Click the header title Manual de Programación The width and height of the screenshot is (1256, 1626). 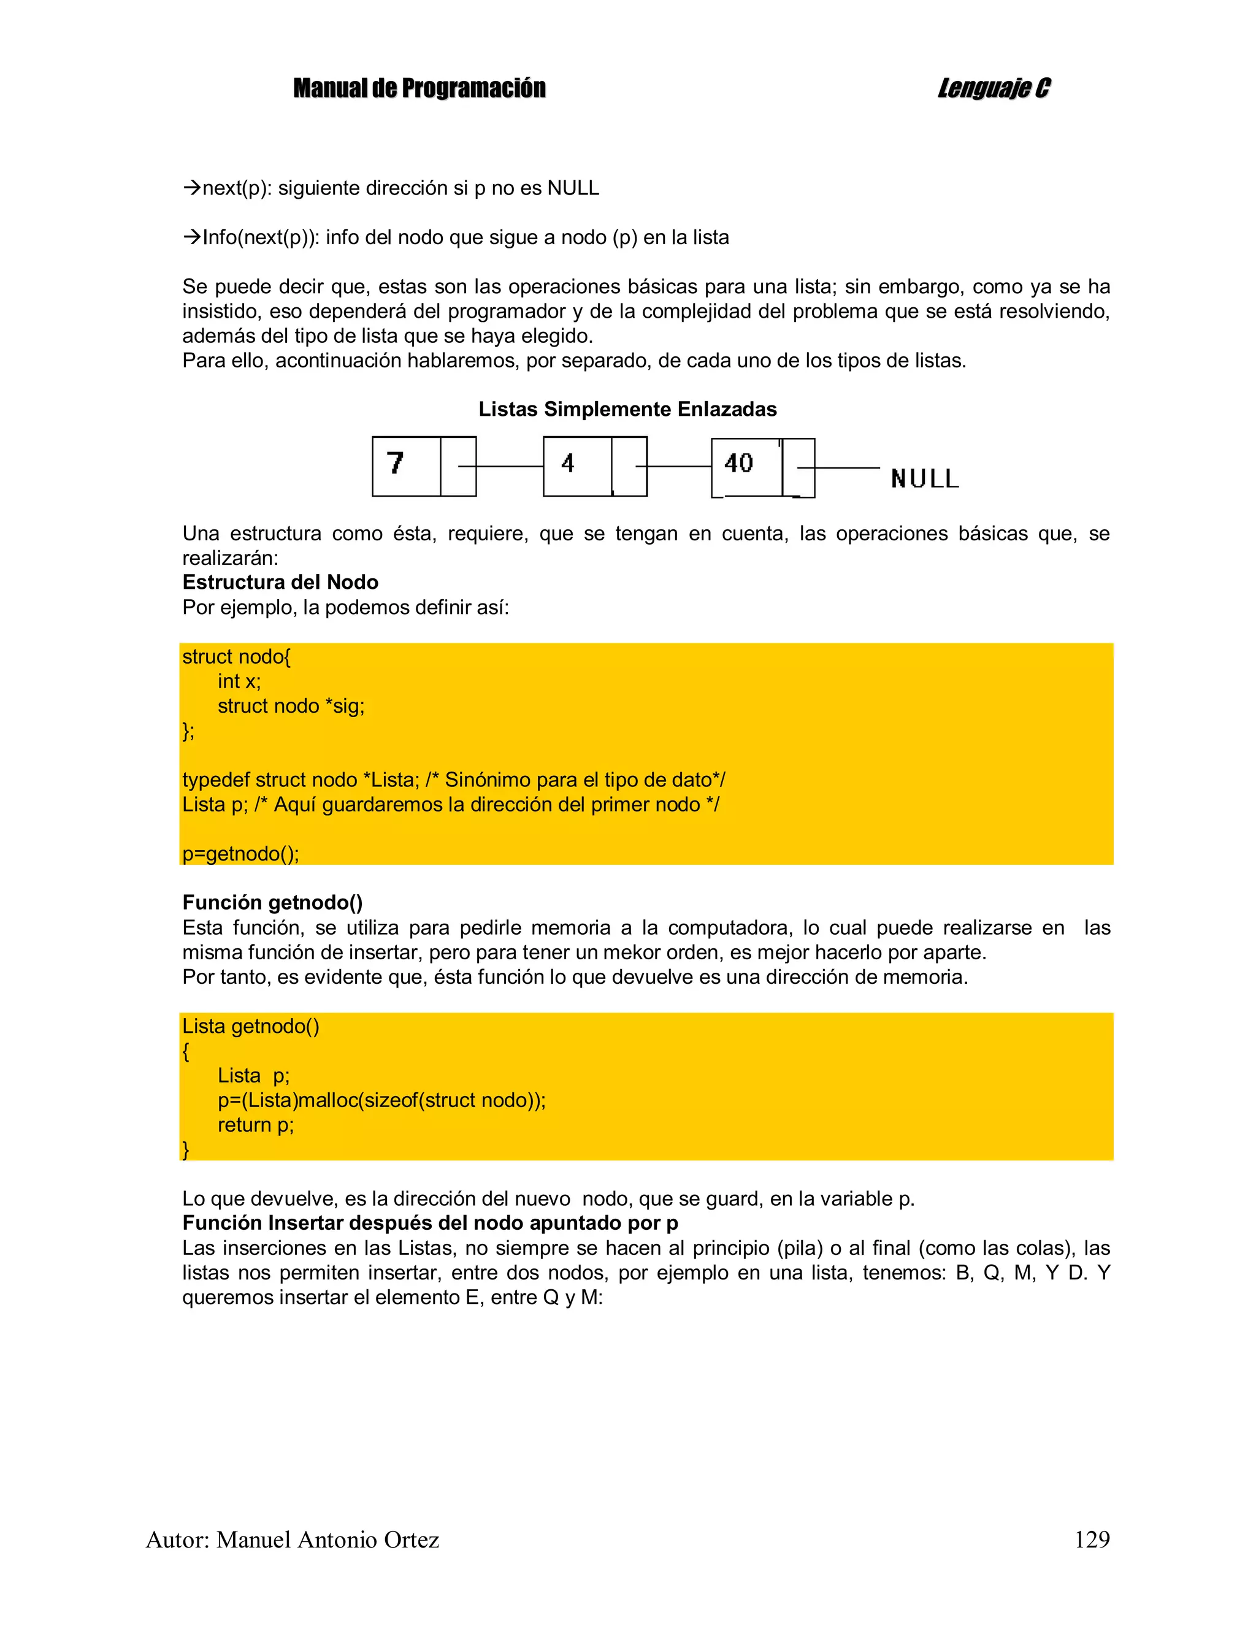419,88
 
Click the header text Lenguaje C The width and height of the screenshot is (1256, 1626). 993,88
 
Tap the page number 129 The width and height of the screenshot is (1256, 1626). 1092,1539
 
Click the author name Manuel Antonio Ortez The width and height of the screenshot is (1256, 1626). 327,1539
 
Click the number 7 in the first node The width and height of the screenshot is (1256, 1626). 396,463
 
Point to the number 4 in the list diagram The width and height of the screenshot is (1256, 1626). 567,463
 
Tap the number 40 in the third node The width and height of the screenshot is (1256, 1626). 738,463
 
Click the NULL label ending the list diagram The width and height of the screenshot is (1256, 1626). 925,478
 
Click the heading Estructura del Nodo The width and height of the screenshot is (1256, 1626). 280,582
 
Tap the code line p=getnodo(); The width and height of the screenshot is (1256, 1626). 240,853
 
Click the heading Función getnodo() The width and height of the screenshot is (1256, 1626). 272,902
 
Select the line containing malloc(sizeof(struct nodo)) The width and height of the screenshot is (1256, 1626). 381,1100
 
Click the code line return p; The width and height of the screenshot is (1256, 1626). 255,1124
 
